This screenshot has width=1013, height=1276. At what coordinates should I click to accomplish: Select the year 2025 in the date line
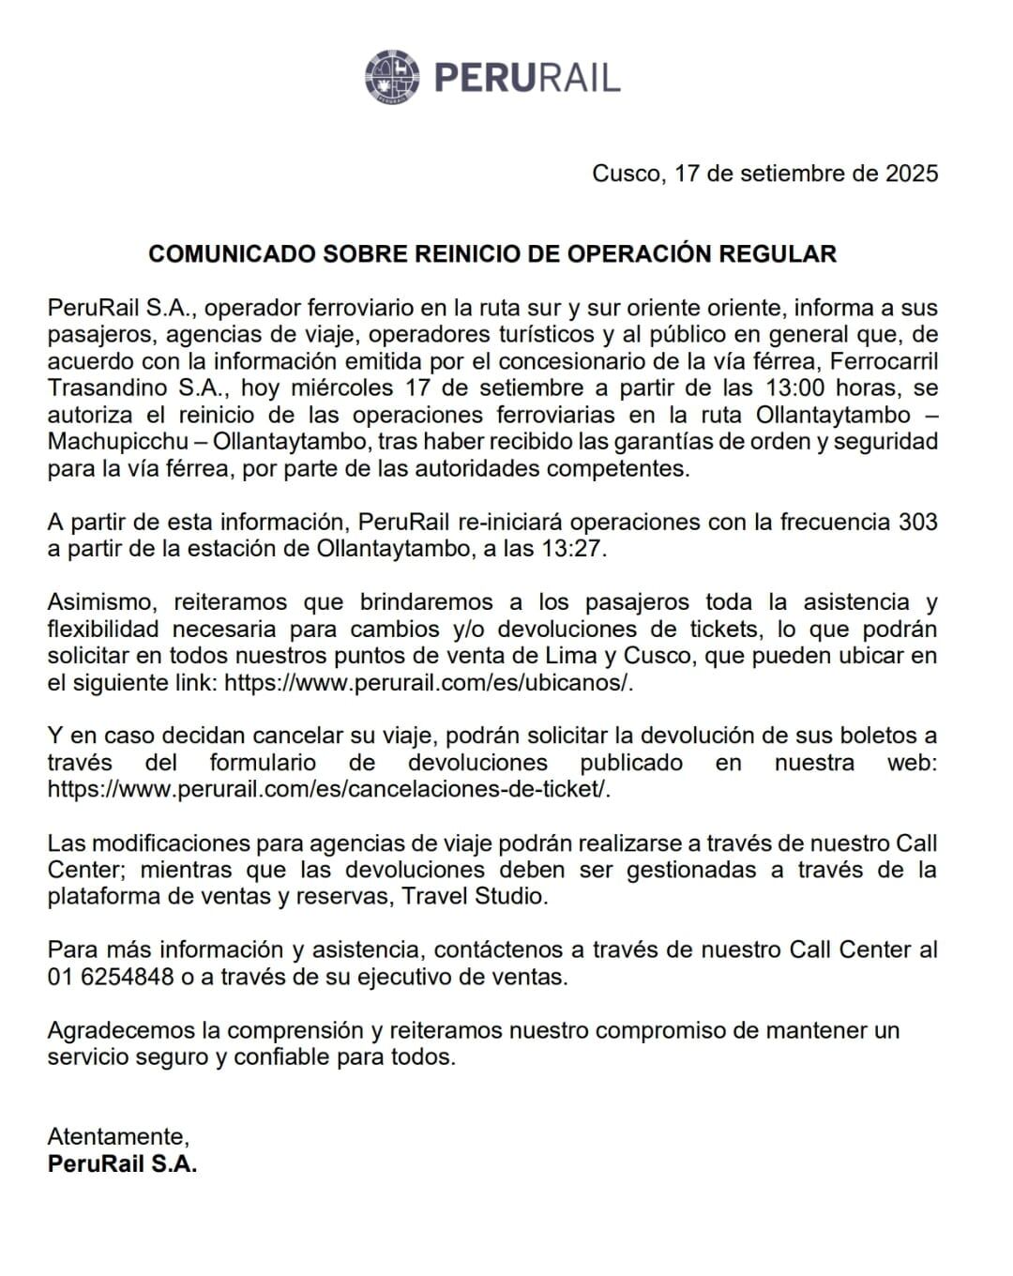pyautogui.click(x=912, y=174)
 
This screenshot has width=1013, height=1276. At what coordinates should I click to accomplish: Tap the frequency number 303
pyautogui.click(x=917, y=523)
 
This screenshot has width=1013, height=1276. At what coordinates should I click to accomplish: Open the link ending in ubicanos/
pyautogui.click(x=429, y=683)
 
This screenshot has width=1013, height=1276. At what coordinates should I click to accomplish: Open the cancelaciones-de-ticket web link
pyautogui.click(x=328, y=790)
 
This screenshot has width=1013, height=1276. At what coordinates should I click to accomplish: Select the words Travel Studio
pyautogui.click(x=474, y=897)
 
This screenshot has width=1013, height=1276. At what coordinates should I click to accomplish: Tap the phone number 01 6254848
pyautogui.click(x=111, y=978)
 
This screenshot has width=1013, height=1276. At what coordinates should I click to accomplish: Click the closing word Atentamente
pyautogui.click(x=118, y=1137)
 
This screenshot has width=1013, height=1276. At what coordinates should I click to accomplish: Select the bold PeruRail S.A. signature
pyautogui.click(x=122, y=1164)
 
